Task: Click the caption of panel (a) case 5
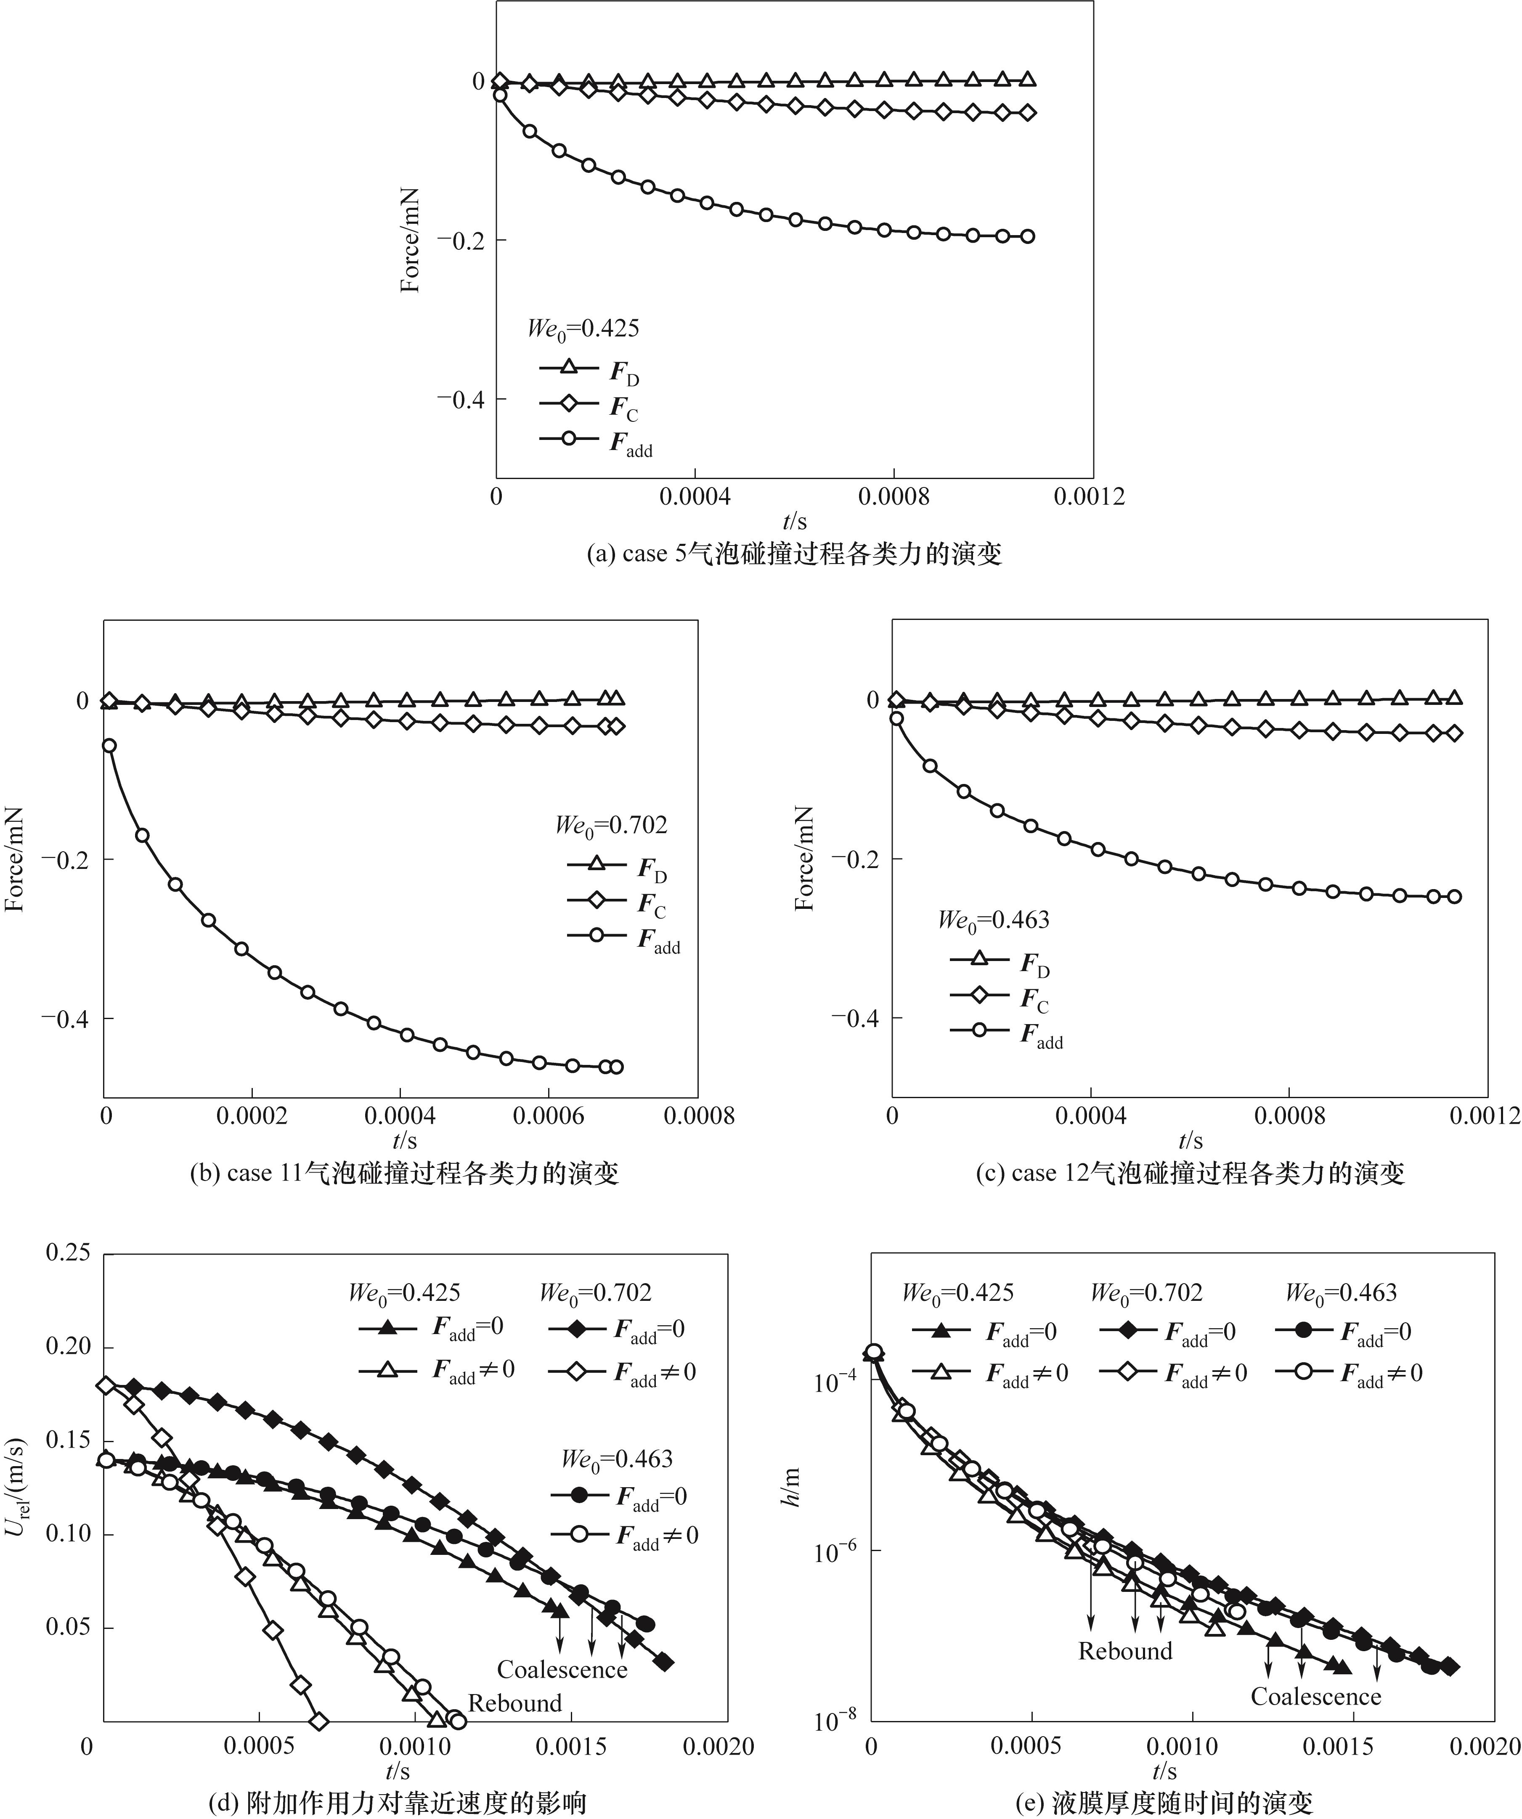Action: [x=793, y=553]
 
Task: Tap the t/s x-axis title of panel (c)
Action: [x=1190, y=1141]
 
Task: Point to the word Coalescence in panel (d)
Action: [x=562, y=1669]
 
